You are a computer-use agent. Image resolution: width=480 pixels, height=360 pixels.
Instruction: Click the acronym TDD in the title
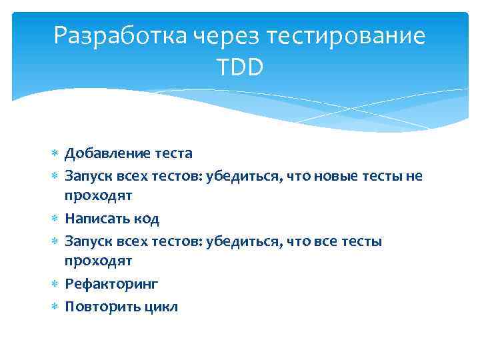[239, 67]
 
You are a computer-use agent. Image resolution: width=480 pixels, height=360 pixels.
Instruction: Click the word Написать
[97, 219]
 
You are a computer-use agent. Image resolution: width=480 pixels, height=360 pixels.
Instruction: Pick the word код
[147, 219]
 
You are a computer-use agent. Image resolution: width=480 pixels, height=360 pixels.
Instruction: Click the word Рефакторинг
[111, 284]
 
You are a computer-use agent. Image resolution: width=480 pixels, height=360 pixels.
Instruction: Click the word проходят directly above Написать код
[98, 196]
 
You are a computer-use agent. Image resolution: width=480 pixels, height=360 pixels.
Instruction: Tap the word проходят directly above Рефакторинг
[98, 261]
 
